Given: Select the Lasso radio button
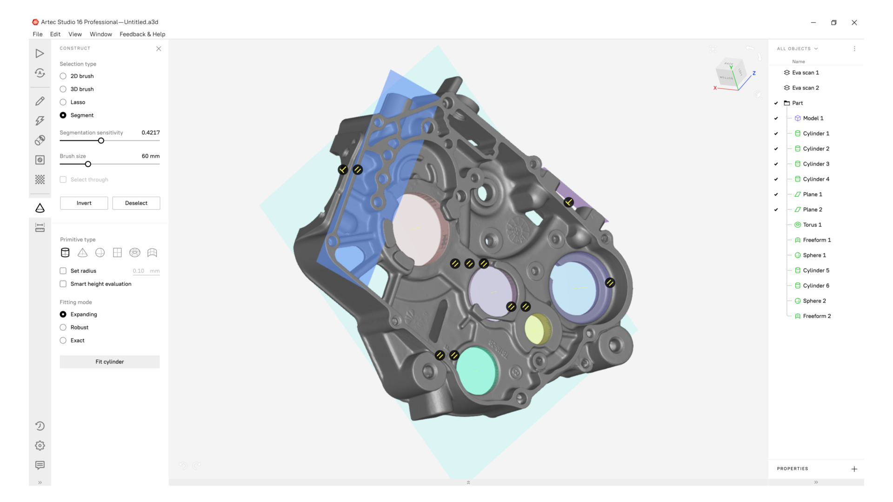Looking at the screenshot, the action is point(63,102).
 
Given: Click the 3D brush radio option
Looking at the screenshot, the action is point(63,89).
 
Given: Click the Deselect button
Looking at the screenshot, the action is point(136,203).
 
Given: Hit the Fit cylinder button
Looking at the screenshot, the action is point(110,362).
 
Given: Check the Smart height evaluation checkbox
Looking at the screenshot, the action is point(63,284).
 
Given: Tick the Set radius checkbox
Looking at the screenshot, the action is point(63,271).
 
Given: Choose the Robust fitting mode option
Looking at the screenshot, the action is point(63,328).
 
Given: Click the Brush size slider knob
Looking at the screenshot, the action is point(88,164).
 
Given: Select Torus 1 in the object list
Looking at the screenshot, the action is point(812,225).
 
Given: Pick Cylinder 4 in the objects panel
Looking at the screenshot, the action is point(816,179).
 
